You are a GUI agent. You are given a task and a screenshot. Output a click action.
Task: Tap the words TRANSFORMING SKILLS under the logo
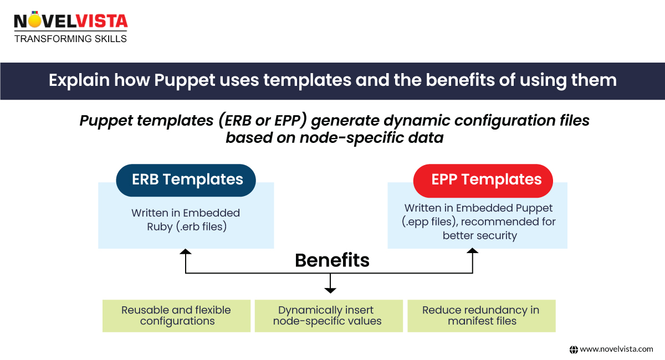[70, 39]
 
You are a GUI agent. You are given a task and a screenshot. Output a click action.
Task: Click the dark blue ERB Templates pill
[186, 180]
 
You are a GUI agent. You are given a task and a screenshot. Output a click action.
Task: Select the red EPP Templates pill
[483, 180]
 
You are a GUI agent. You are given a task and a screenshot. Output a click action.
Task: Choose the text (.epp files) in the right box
[428, 222]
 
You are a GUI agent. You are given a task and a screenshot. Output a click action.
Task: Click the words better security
[479, 235]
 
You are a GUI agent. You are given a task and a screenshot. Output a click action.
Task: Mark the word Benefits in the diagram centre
[332, 260]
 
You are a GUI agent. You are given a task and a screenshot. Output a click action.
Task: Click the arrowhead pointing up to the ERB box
[186, 252]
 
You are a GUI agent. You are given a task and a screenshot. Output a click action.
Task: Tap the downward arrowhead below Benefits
[330, 289]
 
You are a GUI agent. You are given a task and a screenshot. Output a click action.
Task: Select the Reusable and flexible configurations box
[176, 316]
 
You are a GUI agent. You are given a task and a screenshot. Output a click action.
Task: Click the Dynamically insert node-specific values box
[329, 316]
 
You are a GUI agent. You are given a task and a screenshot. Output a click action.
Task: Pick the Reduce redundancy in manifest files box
[481, 316]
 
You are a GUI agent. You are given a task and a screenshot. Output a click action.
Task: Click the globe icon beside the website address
[574, 349]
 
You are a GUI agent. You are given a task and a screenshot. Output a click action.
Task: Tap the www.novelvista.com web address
[616, 349]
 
